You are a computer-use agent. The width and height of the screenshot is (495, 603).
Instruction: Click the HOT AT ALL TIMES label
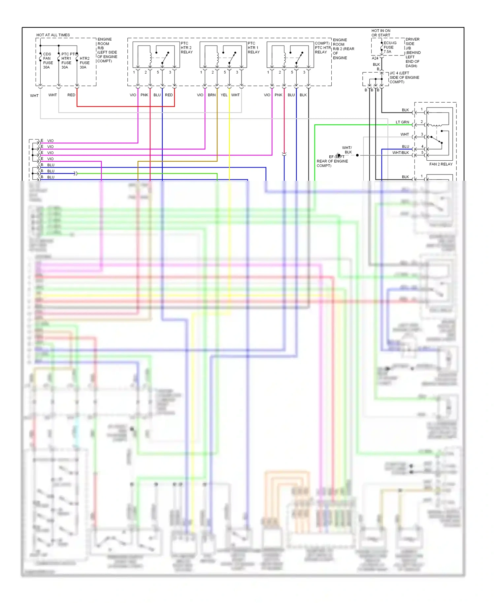tap(53, 35)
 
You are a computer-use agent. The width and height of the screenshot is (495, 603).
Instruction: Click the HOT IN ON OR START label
tap(381, 33)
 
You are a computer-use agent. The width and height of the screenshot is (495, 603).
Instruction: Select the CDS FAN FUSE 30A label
tap(48, 61)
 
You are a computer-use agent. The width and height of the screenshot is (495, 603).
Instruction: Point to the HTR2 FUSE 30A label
tap(84, 63)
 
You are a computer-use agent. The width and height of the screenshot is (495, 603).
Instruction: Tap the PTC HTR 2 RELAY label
tap(186, 48)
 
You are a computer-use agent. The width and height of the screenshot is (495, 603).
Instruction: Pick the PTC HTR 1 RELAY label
tap(253, 48)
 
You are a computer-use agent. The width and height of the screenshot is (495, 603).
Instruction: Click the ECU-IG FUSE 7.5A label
tap(390, 48)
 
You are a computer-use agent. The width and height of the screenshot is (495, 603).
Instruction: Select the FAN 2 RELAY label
tap(441, 164)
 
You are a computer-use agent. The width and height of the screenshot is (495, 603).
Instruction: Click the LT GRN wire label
tap(402, 122)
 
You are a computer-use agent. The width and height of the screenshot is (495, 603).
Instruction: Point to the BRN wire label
tap(212, 95)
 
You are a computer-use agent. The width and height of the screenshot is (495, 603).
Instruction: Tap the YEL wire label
tap(224, 95)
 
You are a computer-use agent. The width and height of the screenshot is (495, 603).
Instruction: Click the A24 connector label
tap(375, 58)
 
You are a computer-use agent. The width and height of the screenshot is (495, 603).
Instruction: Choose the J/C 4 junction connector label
tap(404, 78)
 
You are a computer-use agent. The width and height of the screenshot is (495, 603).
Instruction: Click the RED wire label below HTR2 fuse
tap(71, 95)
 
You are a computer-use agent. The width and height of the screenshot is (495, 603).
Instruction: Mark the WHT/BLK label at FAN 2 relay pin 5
tap(400, 153)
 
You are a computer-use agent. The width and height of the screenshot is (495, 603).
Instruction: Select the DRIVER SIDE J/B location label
tap(412, 52)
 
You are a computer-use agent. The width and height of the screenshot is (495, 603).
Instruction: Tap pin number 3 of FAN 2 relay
tap(422, 134)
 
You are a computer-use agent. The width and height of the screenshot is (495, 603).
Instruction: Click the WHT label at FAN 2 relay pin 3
tap(405, 135)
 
